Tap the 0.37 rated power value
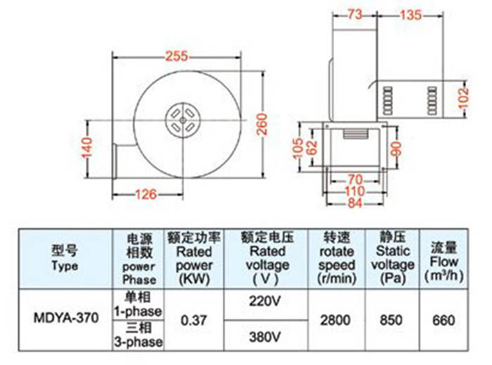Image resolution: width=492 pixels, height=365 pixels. (x=194, y=319)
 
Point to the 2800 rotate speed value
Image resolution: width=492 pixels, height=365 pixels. (x=335, y=319)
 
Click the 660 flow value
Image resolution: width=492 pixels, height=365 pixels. (x=443, y=319)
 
